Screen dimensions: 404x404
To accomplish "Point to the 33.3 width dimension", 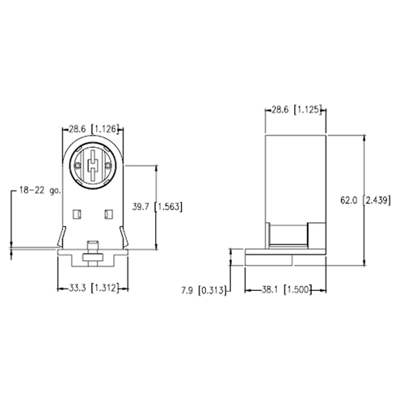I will [76, 288].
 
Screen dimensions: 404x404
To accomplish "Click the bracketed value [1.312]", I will [107, 288].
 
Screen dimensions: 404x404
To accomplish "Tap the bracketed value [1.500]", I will [299, 288].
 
